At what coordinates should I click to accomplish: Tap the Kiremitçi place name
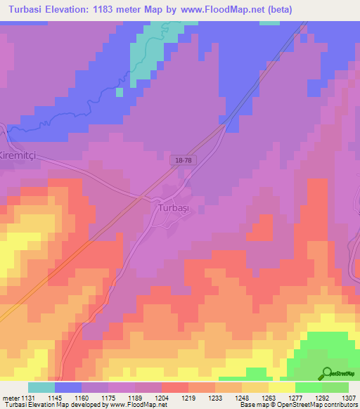click(x=20, y=155)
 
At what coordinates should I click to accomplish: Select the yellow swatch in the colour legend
click(x=282, y=387)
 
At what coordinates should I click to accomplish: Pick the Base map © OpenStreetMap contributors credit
click(x=298, y=405)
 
